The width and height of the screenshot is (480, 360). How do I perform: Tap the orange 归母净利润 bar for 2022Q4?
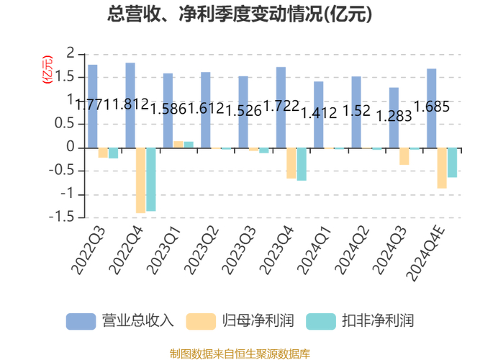141,180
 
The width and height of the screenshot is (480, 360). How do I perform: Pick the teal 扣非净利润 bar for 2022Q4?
151,179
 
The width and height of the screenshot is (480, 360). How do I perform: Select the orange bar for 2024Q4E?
442,168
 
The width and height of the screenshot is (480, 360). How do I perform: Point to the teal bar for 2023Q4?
302,164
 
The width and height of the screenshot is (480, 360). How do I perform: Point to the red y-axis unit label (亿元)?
47,69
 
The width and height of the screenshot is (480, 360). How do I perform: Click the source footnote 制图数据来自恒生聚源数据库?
240,353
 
